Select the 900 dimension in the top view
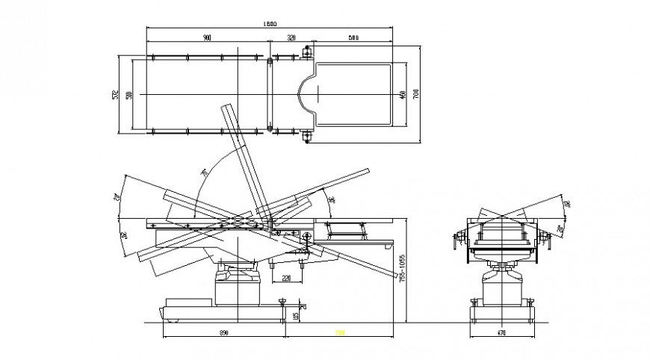(206, 37)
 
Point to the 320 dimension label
(291, 37)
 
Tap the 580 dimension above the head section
(353, 37)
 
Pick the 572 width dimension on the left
(116, 94)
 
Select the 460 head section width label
(402, 94)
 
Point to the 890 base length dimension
(223, 332)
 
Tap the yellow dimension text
(339, 332)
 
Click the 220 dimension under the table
(285, 279)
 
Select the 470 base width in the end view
(502, 332)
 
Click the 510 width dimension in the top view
(129, 95)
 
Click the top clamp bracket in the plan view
(306, 52)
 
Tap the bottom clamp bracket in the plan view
(306, 136)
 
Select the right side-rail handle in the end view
(548, 240)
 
